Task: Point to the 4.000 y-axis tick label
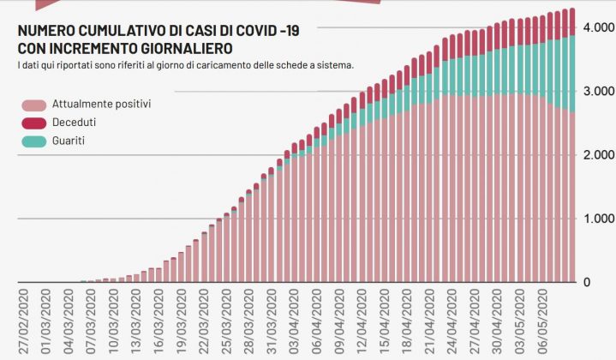tap(598, 27)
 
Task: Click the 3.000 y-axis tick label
tap(598, 91)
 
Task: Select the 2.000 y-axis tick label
tap(598, 154)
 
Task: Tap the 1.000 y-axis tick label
tap(598, 219)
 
